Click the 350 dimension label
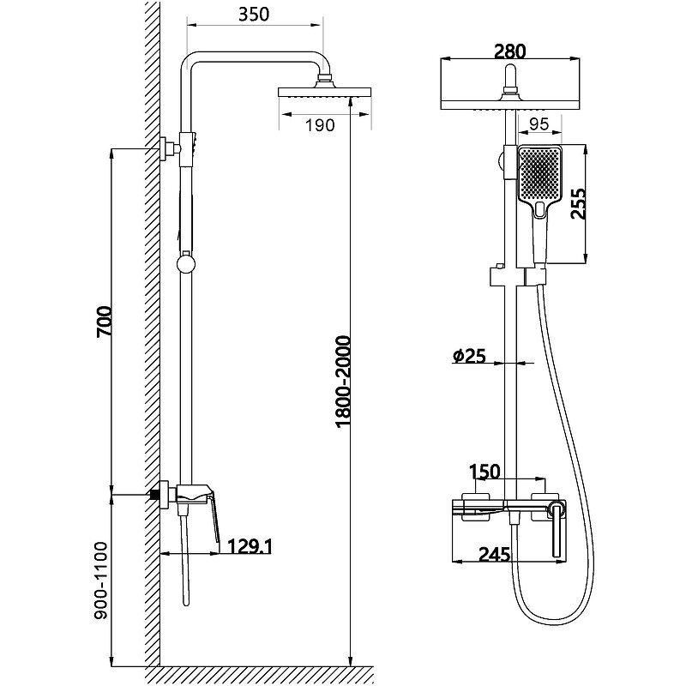tap(255, 15)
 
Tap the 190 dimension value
tap(319, 126)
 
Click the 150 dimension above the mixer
tap(484, 472)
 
